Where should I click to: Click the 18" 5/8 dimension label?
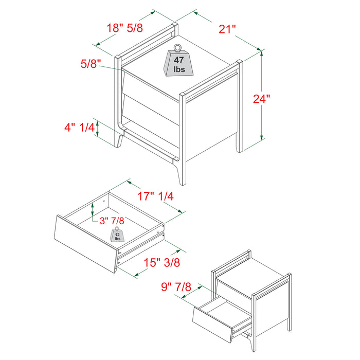[x=124, y=28]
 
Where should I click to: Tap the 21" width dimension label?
[x=227, y=29]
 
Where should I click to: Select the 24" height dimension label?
[x=261, y=99]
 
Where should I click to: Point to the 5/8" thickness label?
[x=91, y=64]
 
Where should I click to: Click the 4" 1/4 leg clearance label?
[x=79, y=128]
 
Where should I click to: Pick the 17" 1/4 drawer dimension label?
[x=155, y=196]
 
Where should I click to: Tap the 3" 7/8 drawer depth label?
[x=112, y=221]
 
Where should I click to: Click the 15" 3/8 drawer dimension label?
[x=161, y=262]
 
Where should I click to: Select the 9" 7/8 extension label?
[x=176, y=287]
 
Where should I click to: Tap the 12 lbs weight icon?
[x=117, y=235]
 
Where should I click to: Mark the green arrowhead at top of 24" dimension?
[x=261, y=52]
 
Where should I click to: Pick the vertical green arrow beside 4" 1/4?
[x=97, y=129]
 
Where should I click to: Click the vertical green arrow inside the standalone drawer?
[x=93, y=209]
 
